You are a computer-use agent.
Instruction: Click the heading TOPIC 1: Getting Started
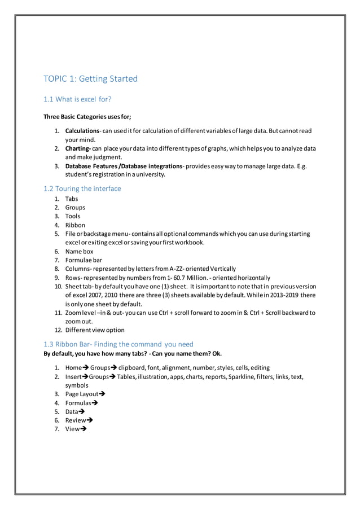(91, 79)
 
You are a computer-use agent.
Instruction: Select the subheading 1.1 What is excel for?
(77, 100)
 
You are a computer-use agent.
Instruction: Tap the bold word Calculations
(82, 131)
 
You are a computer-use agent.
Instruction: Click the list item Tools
(73, 216)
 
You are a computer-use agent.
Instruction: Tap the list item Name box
(80, 251)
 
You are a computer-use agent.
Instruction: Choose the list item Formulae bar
(84, 260)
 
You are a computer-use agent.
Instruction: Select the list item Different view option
(95, 330)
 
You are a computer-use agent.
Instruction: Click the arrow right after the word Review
(90, 420)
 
